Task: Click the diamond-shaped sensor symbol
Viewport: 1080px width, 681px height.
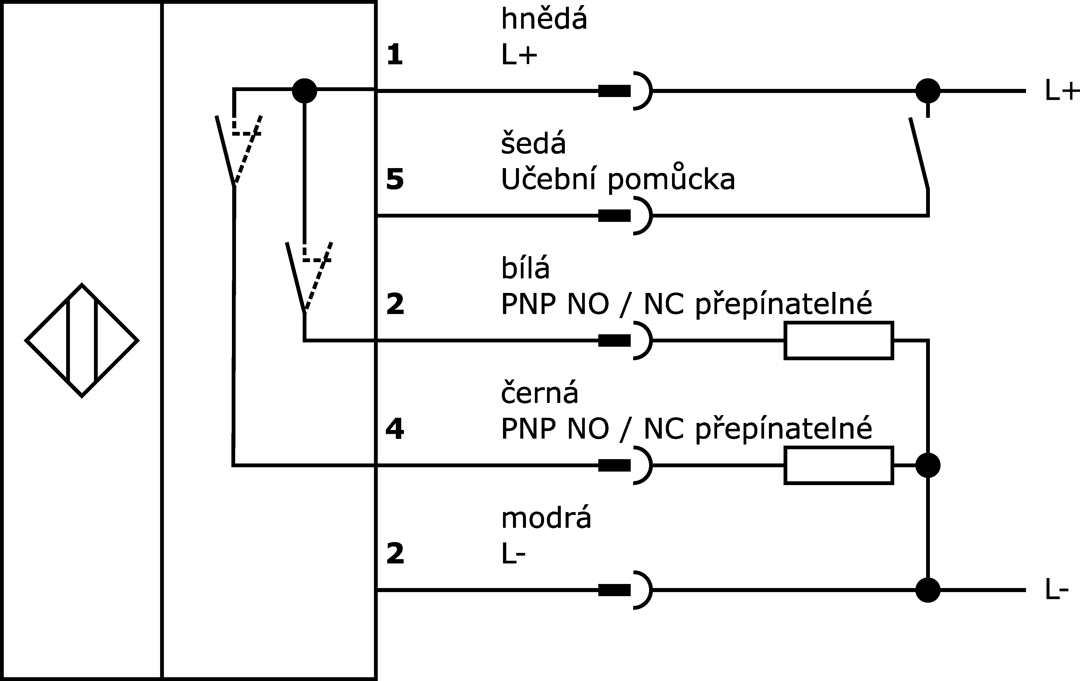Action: click(x=82, y=340)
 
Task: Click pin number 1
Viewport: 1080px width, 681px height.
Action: click(x=395, y=55)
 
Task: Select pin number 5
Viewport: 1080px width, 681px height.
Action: click(x=395, y=179)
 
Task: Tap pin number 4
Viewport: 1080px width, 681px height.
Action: click(x=395, y=429)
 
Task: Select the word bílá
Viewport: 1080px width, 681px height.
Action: click(x=525, y=268)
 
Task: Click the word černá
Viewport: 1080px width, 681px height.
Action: click(x=539, y=393)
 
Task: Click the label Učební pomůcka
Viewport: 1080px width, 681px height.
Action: click(x=618, y=179)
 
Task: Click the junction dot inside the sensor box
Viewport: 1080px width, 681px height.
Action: click(x=305, y=91)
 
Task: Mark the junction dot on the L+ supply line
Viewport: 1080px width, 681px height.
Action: click(x=927, y=91)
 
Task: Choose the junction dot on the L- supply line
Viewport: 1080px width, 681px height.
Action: click(x=927, y=590)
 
